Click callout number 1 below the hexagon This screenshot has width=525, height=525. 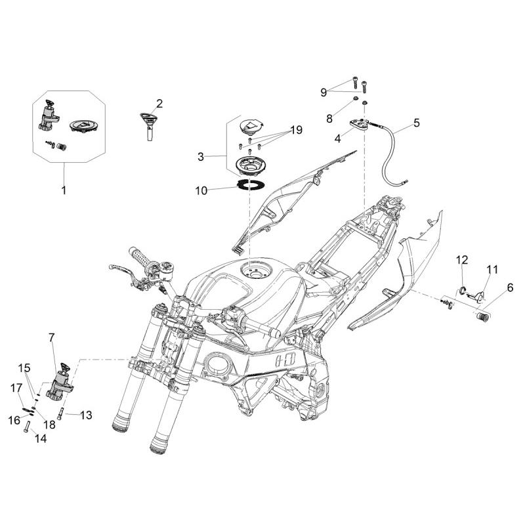pyautogui.click(x=64, y=191)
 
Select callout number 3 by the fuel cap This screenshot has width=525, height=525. pyautogui.click(x=201, y=156)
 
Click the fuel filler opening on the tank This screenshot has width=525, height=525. pyautogui.click(x=253, y=269)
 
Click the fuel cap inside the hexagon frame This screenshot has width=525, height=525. pyautogui.click(x=83, y=125)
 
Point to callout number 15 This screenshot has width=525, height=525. pyautogui.click(x=24, y=367)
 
